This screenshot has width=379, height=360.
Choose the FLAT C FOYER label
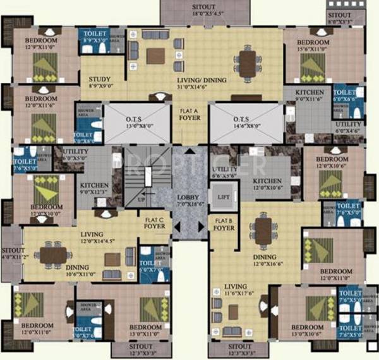pyautogui.click(x=154, y=222)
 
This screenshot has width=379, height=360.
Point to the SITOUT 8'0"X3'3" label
pyautogui.click(x=340, y=18)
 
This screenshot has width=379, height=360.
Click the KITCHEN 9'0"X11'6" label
pyautogui.click(x=310, y=95)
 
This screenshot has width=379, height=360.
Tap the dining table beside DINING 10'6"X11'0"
pyautogui.click(x=52, y=254)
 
